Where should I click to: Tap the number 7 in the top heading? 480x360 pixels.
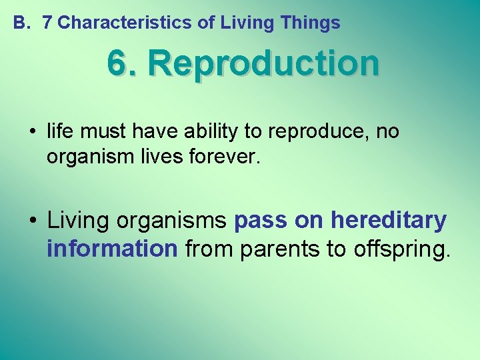(x=47, y=23)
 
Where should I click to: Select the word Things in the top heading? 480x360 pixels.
(x=310, y=23)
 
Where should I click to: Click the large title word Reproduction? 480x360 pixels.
(x=264, y=64)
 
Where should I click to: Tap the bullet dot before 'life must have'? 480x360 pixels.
(x=32, y=132)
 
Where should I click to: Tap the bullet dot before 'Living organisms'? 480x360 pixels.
(x=32, y=220)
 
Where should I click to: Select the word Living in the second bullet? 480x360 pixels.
(x=76, y=219)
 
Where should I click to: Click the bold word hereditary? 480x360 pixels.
(x=389, y=219)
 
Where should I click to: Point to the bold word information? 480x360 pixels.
(x=112, y=249)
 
